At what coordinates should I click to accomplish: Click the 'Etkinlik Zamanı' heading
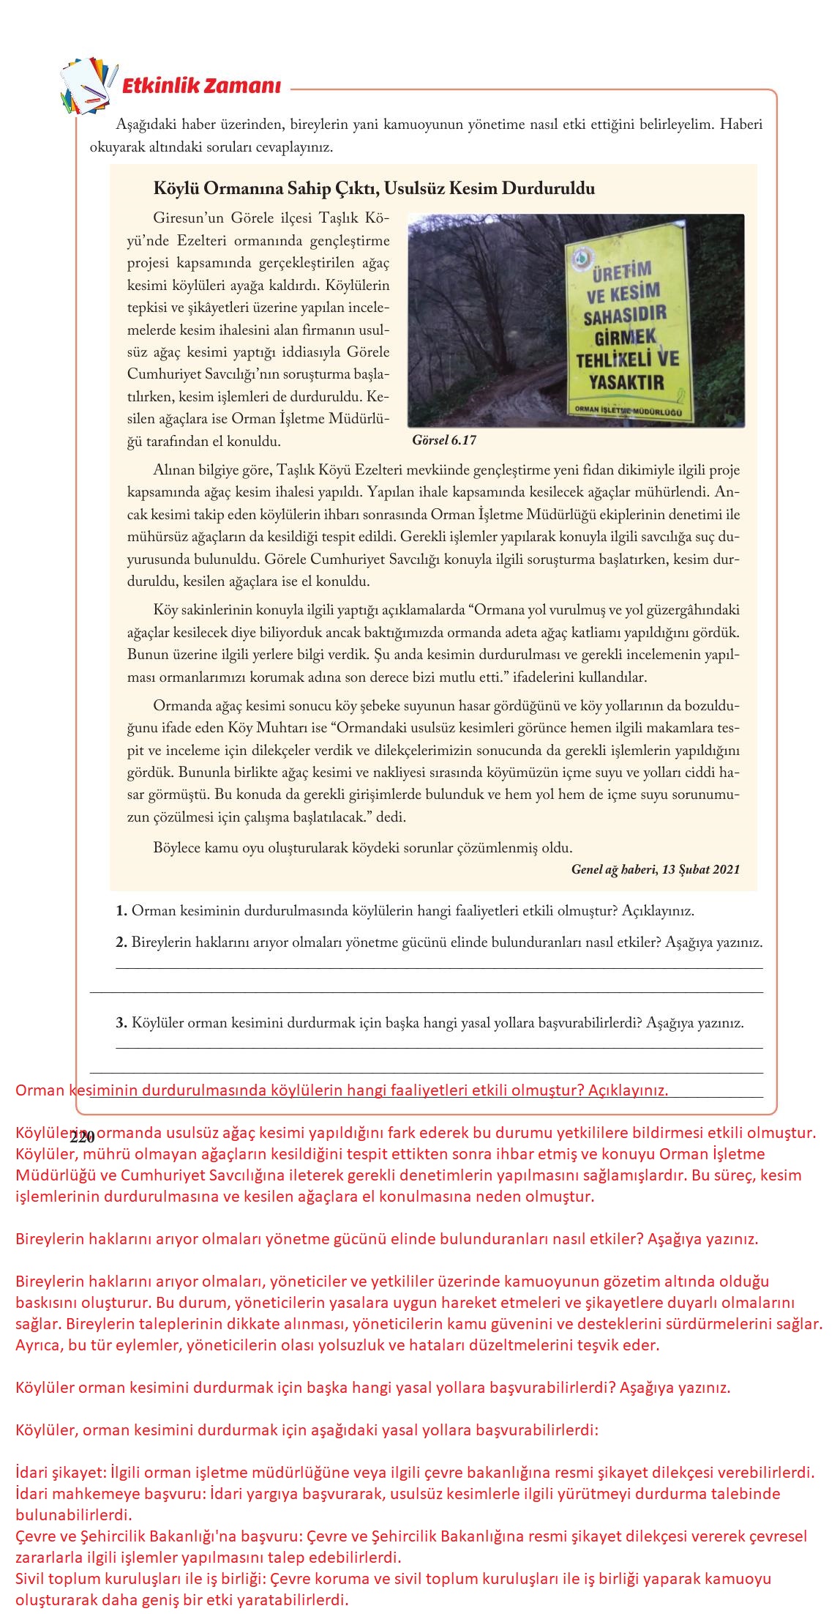200,86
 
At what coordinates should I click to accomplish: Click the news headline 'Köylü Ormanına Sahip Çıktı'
373,188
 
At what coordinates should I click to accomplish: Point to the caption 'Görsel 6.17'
444,440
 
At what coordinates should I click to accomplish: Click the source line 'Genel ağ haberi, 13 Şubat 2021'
655,869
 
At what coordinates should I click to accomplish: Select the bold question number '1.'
121,912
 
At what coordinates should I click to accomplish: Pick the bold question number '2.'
121,942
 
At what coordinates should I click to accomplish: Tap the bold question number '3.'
121,1023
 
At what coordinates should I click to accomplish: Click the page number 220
83,1138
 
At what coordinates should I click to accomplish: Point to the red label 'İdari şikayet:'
60,1473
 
